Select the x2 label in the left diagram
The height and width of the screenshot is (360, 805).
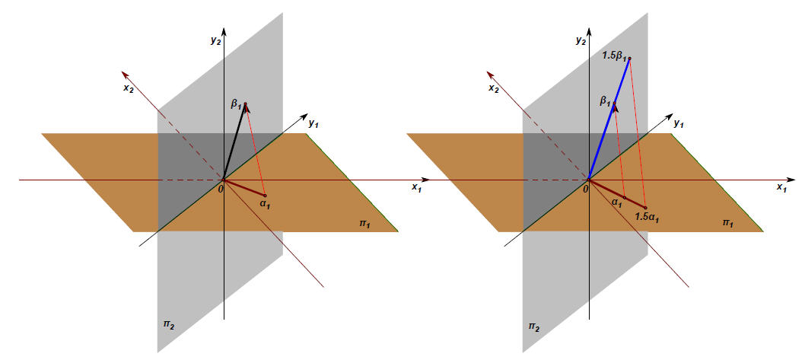[129, 88]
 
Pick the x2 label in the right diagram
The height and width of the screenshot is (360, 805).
[494, 88]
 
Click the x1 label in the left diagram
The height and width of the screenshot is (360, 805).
[416, 186]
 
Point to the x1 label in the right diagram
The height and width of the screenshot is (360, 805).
[781, 186]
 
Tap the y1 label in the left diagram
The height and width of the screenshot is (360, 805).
[313, 122]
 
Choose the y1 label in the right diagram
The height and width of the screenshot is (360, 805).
[679, 122]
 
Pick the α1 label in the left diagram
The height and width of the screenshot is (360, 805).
[264, 203]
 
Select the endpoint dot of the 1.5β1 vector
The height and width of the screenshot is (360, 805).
[629, 59]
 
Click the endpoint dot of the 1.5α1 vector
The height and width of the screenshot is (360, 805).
[645, 207]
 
